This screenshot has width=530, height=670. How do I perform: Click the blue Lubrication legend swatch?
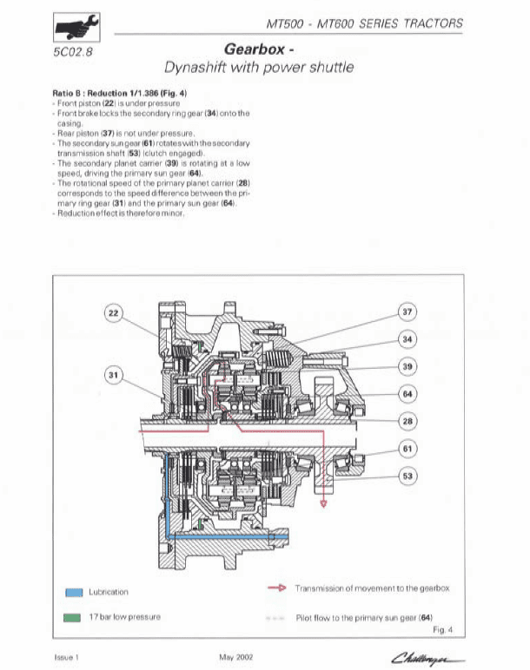click(73, 593)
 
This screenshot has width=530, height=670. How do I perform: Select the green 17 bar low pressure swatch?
click(73, 618)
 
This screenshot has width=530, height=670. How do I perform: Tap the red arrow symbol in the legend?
click(275, 588)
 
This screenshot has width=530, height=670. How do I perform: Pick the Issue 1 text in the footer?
click(67, 657)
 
